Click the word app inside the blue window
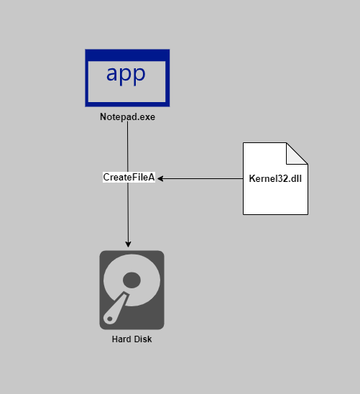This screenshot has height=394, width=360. tap(126, 73)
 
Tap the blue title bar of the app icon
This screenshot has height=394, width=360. tap(127, 55)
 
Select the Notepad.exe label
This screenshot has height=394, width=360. tap(127, 116)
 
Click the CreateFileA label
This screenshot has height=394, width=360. tap(129, 177)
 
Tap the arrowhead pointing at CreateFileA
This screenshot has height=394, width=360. tap(161, 178)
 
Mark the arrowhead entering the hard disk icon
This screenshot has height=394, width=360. tap(129, 244)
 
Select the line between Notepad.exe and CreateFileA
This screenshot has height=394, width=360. tap(128, 147)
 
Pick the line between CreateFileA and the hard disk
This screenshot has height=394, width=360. tap(129, 212)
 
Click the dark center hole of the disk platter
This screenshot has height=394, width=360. tap(131, 279)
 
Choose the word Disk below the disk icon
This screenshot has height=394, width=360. tap(143, 339)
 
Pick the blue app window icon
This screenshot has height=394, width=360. tap(127, 78)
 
